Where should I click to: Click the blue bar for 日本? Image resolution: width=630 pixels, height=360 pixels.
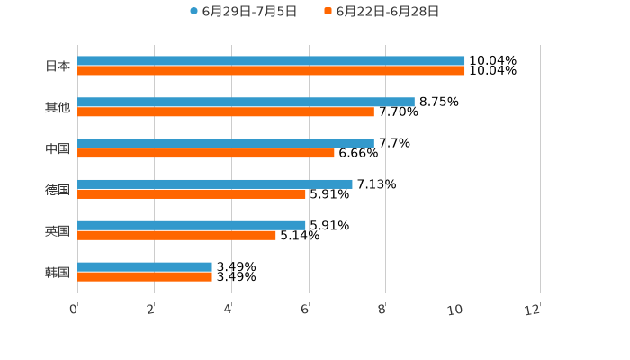271,61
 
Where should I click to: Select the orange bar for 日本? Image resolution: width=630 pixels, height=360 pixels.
271,71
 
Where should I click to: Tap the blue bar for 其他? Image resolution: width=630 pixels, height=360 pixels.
246,103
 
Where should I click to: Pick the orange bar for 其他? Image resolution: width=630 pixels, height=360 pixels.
226,112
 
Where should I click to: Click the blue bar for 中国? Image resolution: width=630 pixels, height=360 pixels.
226,143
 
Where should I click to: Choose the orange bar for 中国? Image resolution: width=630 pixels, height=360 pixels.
206,153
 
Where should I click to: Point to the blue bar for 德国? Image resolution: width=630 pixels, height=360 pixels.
215,184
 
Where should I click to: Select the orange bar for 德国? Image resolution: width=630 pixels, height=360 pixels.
192,194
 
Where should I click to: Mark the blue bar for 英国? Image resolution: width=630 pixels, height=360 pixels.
192,225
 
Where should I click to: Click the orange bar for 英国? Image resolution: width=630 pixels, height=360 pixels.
176,236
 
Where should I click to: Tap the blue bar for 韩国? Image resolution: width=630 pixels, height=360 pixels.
145,266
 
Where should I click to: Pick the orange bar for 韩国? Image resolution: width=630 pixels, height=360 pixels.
145,277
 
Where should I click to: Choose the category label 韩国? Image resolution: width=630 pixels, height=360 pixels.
58,272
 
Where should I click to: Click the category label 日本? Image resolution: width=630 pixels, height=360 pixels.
58,66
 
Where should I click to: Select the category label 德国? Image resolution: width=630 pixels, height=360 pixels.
58,190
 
